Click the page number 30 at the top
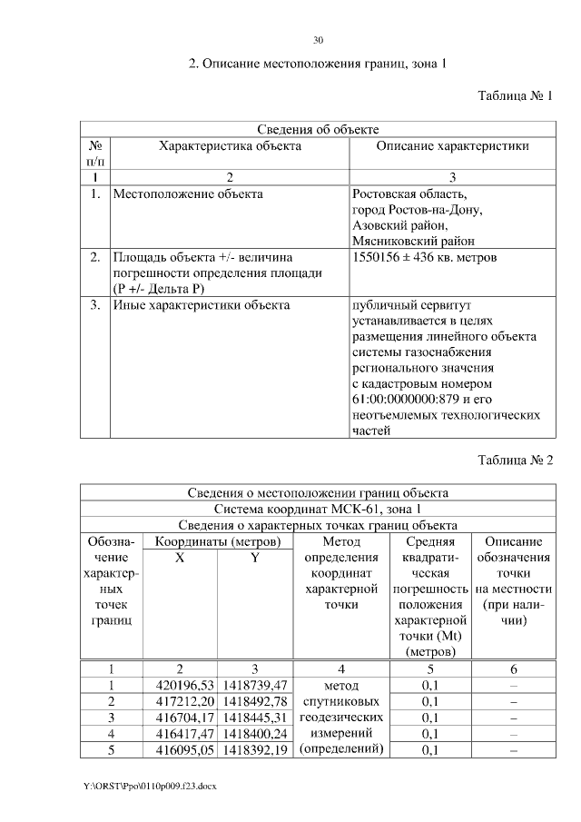tap(318, 40)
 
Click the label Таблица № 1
tap(515, 95)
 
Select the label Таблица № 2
tap(515, 460)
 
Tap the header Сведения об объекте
tap(318, 130)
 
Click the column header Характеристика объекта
tap(230, 145)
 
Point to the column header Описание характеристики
tap(452, 145)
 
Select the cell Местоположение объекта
tap(188, 193)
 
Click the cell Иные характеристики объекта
tap(201, 305)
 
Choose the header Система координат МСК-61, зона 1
tap(318, 509)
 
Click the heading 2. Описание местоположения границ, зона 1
tap(318, 64)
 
